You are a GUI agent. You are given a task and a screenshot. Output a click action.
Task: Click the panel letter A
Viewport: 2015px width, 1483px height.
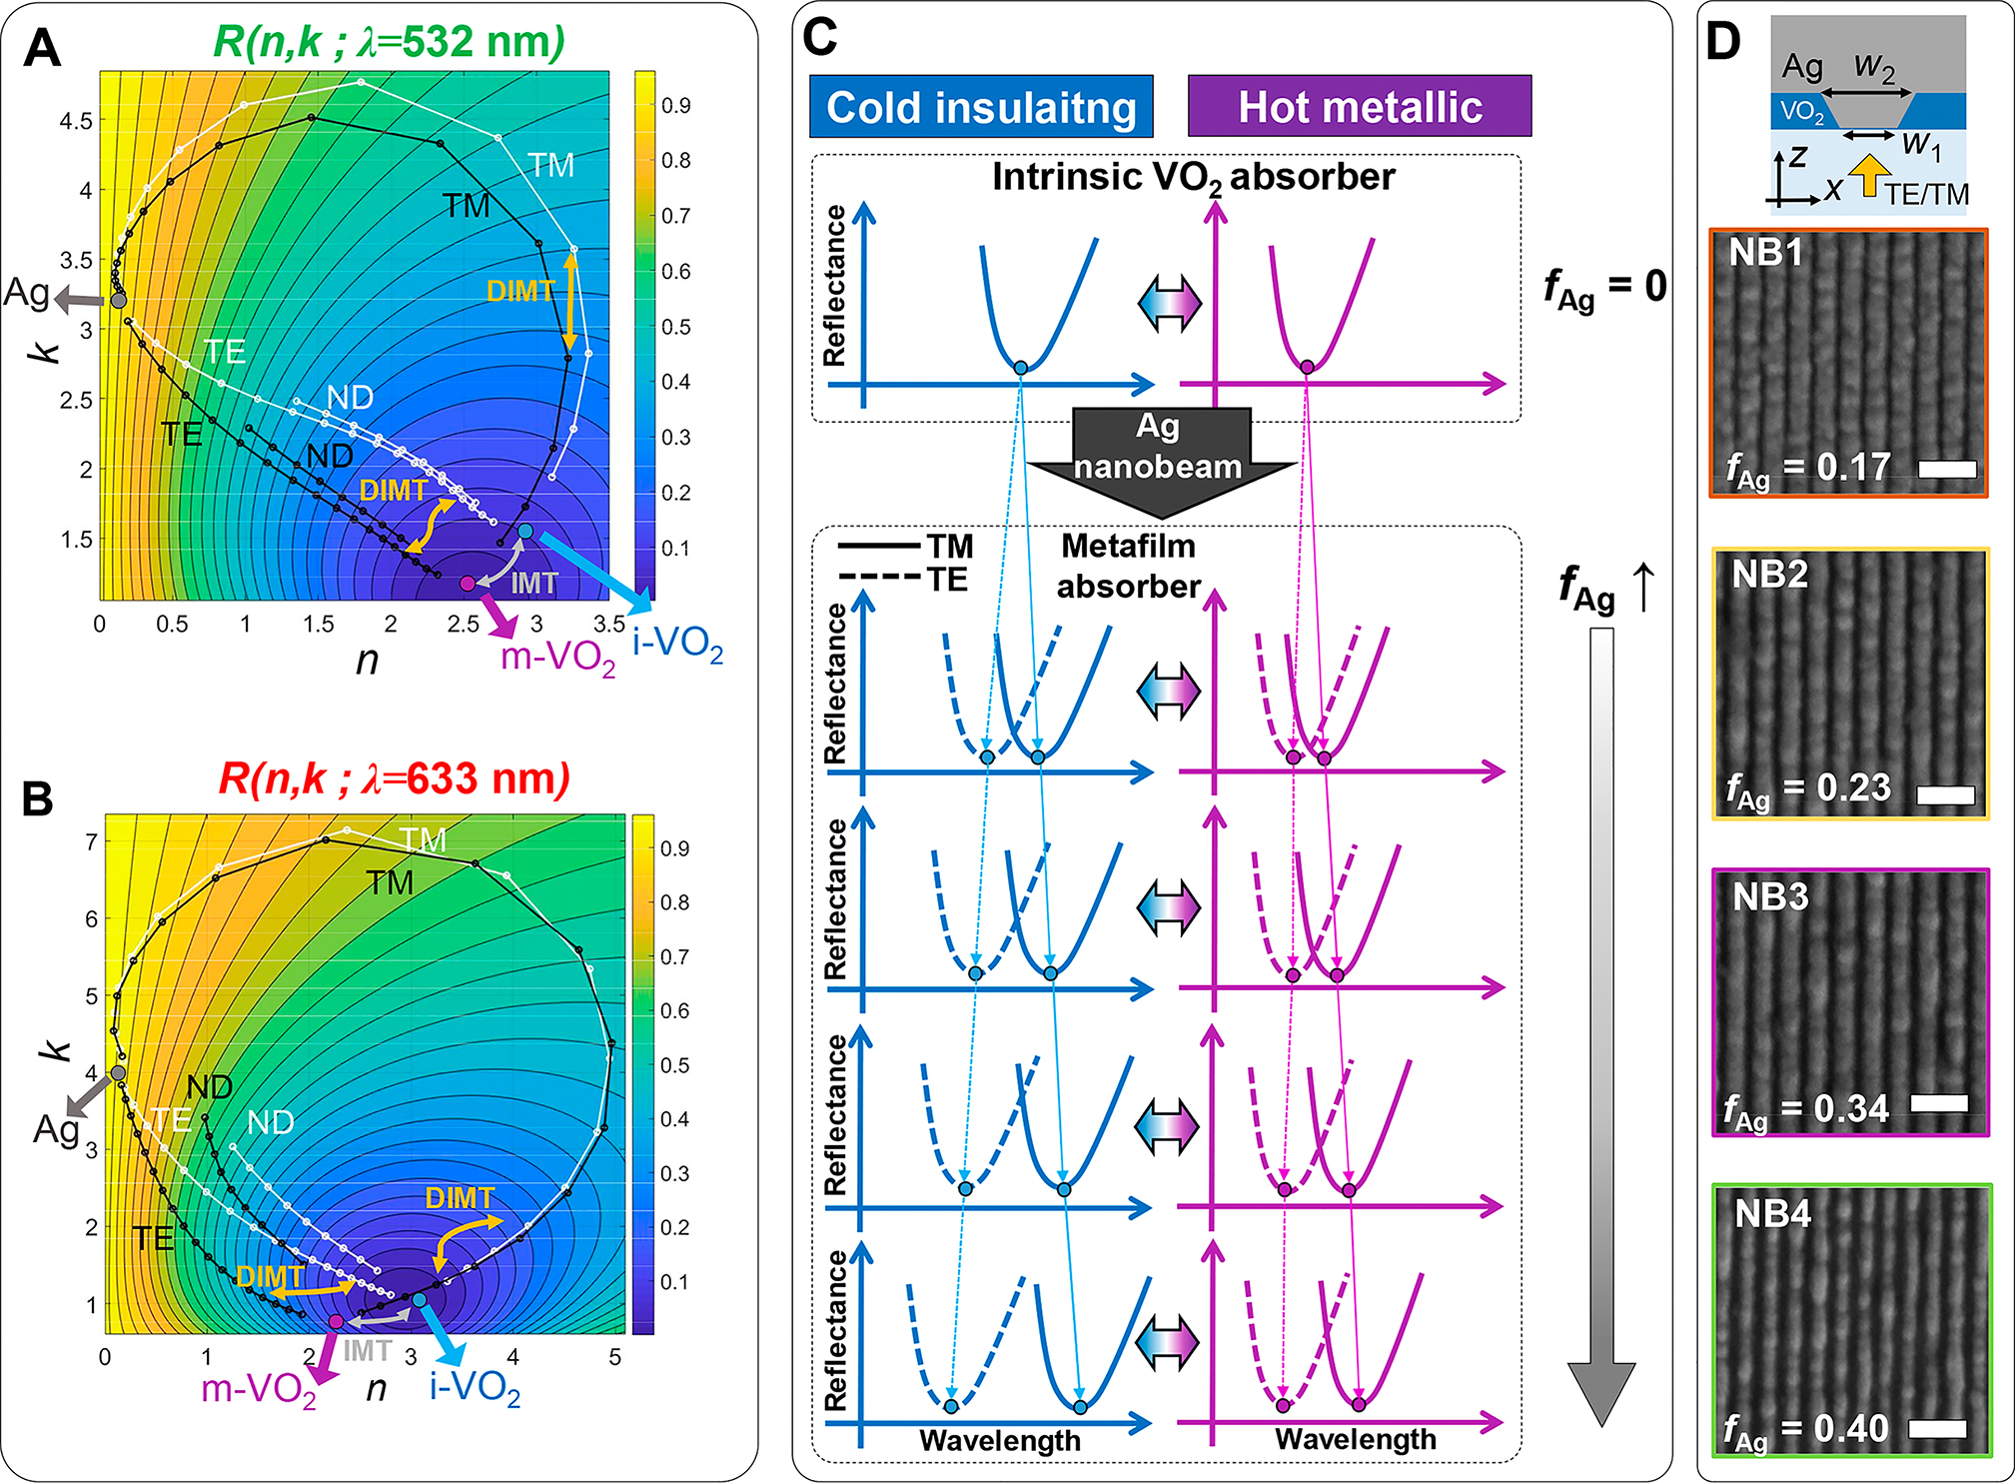tap(42, 47)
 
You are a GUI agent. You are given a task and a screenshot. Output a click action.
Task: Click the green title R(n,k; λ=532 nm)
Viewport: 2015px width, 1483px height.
tap(389, 42)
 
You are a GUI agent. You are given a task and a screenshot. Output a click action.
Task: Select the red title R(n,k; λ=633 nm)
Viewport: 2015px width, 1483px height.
tap(394, 778)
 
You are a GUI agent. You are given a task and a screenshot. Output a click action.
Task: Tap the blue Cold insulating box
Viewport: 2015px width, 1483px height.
tap(981, 107)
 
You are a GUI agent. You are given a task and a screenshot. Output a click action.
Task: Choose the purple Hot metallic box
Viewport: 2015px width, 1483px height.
tap(1359, 107)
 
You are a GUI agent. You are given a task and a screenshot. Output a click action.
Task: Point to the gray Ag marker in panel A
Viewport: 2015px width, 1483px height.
tap(118, 300)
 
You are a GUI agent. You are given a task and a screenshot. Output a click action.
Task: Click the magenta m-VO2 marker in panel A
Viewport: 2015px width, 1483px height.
tap(467, 583)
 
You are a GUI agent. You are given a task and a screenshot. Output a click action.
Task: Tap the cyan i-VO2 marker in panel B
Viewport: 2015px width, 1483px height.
tap(420, 1299)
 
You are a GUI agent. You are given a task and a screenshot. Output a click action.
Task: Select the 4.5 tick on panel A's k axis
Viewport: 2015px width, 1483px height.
tap(76, 121)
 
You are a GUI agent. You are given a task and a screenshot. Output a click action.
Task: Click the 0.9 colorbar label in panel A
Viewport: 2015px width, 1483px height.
tap(676, 105)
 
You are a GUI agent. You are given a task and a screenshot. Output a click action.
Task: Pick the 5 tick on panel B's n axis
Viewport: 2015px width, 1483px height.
tap(614, 1357)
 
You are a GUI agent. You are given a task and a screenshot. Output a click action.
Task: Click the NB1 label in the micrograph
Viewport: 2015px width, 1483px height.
tap(1765, 253)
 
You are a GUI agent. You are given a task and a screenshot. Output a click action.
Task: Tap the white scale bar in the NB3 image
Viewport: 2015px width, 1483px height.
tap(1938, 1103)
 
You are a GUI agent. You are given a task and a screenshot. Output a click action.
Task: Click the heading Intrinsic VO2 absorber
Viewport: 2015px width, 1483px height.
tap(1193, 177)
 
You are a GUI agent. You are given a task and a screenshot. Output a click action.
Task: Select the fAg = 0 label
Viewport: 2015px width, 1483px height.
tap(1604, 288)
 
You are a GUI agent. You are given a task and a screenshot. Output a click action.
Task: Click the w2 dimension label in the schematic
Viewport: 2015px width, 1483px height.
tap(1873, 66)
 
